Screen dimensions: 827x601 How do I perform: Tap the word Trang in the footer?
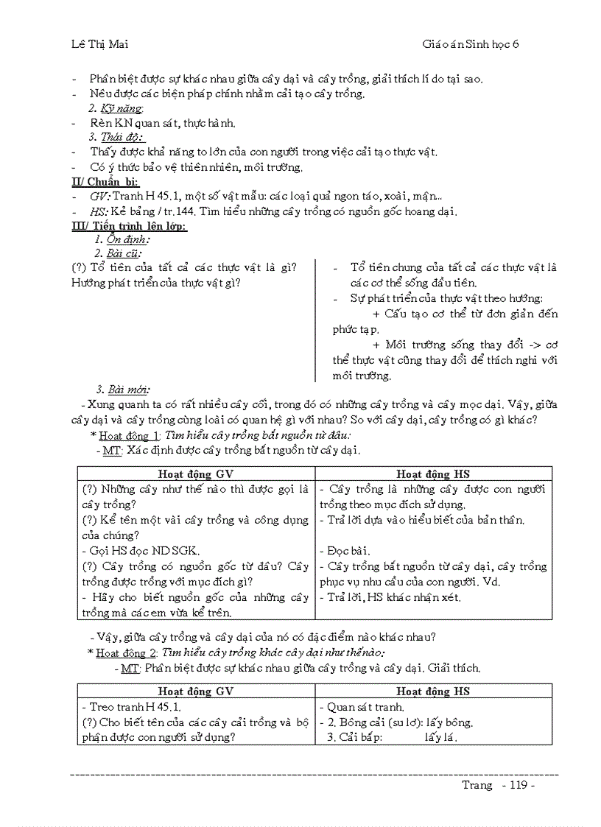[x=477, y=784]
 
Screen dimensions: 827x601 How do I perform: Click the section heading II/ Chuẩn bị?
[x=104, y=182]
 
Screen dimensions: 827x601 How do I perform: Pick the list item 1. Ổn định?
[x=122, y=240]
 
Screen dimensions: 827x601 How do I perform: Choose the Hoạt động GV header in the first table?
[x=196, y=474]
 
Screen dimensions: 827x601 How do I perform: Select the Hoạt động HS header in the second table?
[x=433, y=691]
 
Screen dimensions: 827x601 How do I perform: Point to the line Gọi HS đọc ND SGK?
[x=141, y=551]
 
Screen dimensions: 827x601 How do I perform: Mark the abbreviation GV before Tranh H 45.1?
[x=100, y=197]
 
